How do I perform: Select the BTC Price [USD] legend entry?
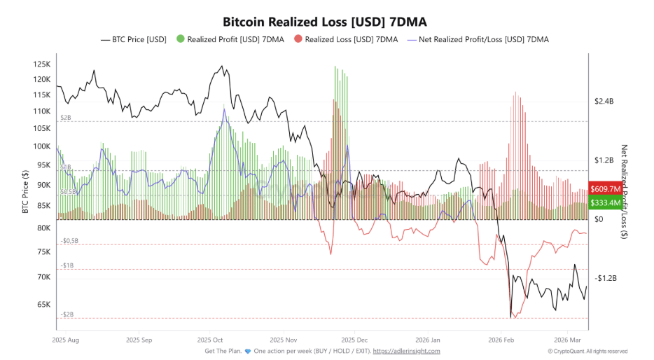133,39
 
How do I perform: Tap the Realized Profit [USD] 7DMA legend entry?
230,39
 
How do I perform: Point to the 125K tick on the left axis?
41,64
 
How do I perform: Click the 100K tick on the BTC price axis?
41,146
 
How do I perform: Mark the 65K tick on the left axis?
43,305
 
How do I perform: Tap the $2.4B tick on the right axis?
603,102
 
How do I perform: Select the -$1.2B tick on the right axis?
603,278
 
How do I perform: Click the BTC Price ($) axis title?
25,193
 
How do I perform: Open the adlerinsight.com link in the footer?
406,351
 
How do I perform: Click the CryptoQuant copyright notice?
587,351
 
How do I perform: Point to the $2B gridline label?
66,118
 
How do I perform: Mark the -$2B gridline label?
67,314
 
